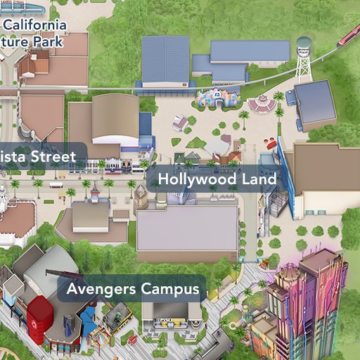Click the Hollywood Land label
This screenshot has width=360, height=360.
pos(217,179)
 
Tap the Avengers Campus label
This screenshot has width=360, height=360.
pos(132,289)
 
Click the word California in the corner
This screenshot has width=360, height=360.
pos(35,26)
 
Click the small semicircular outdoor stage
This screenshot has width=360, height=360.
pos(261,105)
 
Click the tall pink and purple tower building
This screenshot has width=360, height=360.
pos(309,302)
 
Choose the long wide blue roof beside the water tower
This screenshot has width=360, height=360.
pos(250,51)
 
